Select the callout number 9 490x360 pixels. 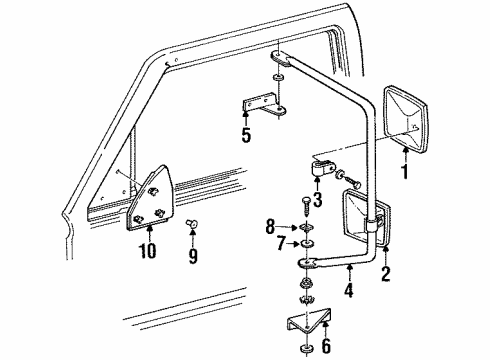tap(192, 255)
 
